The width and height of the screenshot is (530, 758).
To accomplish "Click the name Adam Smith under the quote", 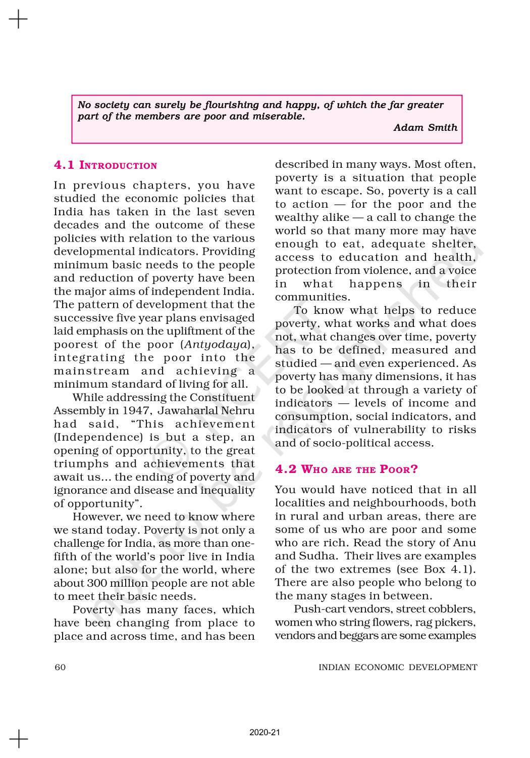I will pyautogui.click(x=425, y=128).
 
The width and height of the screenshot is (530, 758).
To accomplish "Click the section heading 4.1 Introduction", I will pyautogui.click(x=105, y=165).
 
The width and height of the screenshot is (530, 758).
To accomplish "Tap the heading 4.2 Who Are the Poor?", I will pyautogui.click(x=346, y=469).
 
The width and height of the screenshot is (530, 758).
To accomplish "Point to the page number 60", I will pyautogui.click(x=60, y=667).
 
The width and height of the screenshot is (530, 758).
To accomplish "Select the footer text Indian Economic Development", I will pyautogui.click(x=397, y=667).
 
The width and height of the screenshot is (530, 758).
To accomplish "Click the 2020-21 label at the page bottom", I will pyautogui.click(x=264, y=732).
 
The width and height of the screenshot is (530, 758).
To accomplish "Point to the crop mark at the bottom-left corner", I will pyautogui.click(x=19, y=738).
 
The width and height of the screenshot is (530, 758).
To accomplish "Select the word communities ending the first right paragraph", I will pyautogui.click(x=311, y=297).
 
